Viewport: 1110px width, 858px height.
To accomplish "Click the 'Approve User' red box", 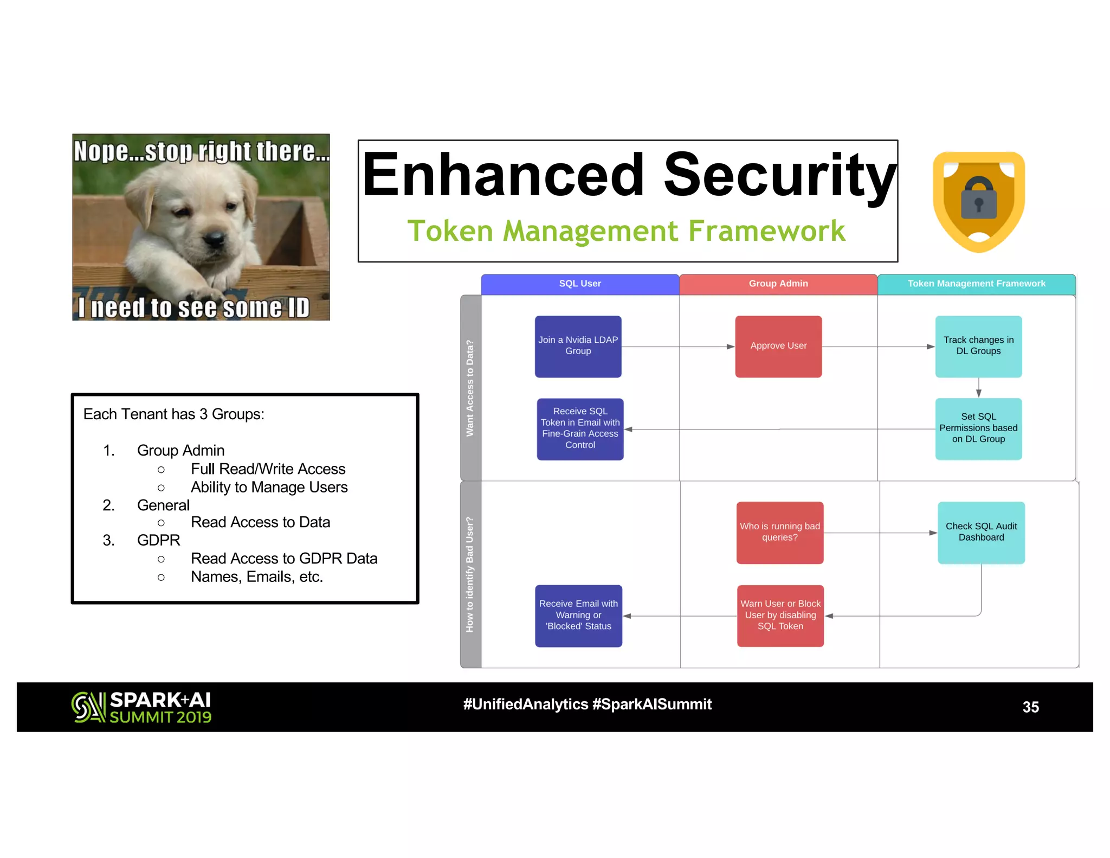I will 778,346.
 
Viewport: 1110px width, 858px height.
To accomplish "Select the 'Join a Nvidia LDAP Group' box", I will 578,346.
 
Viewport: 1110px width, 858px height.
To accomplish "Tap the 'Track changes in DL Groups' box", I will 978,346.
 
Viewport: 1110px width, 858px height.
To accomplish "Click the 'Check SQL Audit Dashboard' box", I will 981,532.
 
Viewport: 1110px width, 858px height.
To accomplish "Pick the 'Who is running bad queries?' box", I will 779,532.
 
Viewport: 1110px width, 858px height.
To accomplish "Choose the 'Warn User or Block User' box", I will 780,615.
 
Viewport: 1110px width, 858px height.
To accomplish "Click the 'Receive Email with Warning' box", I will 578,615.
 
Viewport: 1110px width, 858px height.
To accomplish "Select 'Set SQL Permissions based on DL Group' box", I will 978,428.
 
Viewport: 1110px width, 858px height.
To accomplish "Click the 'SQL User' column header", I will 580,284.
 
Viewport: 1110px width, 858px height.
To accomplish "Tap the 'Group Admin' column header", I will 778,284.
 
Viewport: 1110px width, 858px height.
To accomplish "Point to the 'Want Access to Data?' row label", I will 470,388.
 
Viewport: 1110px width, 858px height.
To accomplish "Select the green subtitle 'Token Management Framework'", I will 626,231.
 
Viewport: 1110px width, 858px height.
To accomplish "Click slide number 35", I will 1030,707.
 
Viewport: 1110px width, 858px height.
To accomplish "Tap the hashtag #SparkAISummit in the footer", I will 652,704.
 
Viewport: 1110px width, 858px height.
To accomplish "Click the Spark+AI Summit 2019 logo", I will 141,707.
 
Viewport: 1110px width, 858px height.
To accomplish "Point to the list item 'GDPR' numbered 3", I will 158,540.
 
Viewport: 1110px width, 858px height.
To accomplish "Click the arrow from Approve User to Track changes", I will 878,347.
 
